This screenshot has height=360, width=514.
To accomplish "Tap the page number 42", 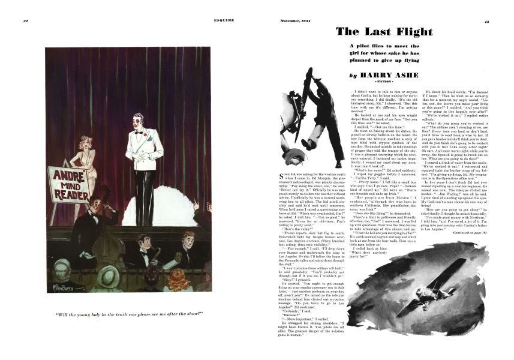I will pyautogui.click(x=26, y=20).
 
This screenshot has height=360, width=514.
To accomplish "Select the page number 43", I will pyautogui.click(x=486, y=20).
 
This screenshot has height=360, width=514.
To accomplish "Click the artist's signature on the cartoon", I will pyautogui.click(x=64, y=290).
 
